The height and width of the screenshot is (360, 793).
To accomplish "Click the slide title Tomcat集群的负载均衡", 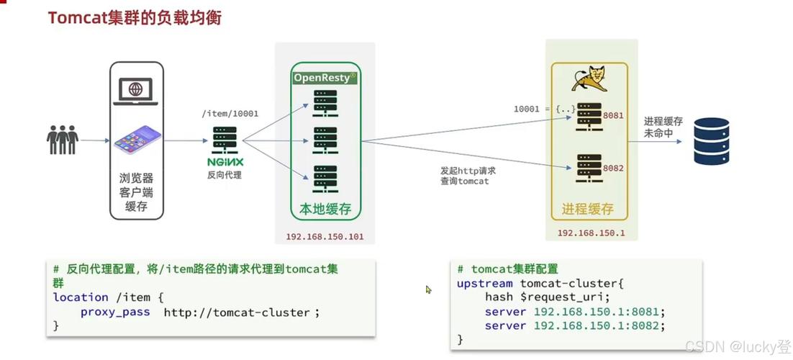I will click(135, 17).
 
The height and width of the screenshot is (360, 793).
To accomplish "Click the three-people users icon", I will click(63, 139).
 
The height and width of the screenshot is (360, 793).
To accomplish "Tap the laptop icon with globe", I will click(136, 91).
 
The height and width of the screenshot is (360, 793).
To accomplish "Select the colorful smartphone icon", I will click(137, 140).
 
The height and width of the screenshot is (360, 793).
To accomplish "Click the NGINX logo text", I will click(225, 161).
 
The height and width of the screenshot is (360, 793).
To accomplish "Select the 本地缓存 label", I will click(325, 209).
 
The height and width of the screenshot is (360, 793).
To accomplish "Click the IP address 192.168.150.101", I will click(325, 236).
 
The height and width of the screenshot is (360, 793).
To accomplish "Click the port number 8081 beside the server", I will click(613, 115).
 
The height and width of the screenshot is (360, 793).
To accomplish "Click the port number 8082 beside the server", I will click(613, 168).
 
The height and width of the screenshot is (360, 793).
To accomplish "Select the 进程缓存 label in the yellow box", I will click(588, 209).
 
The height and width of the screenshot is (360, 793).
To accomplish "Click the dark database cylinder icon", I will click(711, 142).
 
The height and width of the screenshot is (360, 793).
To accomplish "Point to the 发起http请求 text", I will click(468, 171).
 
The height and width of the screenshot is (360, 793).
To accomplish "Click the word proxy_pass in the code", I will click(115, 312).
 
